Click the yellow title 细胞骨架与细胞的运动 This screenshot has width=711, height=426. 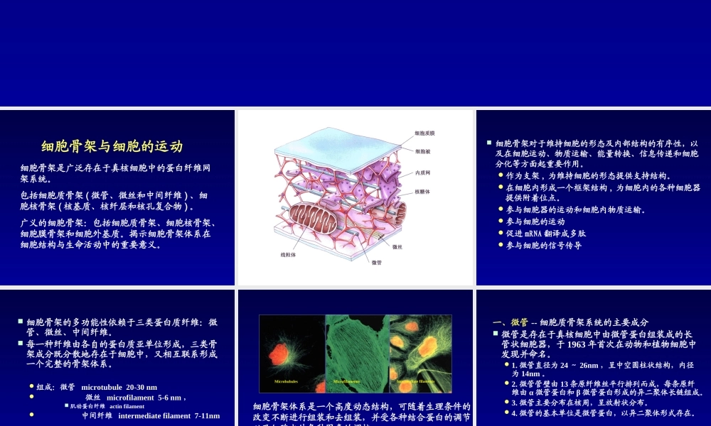coord(112,147)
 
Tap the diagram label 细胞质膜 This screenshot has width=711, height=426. coord(424,133)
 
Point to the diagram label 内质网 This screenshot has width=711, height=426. coord(422,173)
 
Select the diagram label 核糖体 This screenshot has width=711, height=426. coord(422,192)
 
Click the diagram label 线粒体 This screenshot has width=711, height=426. coord(288,254)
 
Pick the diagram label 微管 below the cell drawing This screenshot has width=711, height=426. coord(377,263)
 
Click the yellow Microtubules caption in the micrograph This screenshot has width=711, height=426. coord(286,381)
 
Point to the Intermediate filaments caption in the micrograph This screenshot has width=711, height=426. coord(416,381)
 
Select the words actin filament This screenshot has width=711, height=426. coord(127,406)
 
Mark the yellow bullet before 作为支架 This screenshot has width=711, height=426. coord(501,175)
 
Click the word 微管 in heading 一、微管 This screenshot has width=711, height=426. coord(520,322)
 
